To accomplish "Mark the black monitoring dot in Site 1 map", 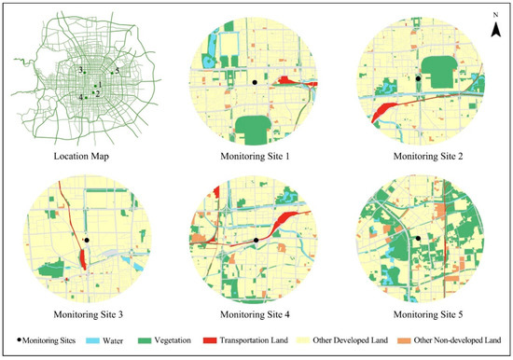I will pyautogui.click(x=254, y=83).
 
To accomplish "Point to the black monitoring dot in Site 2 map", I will pyautogui.click(x=418, y=79).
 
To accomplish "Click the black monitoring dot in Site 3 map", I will pyautogui.click(x=87, y=240).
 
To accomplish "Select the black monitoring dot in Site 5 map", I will pyautogui.click(x=419, y=240).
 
